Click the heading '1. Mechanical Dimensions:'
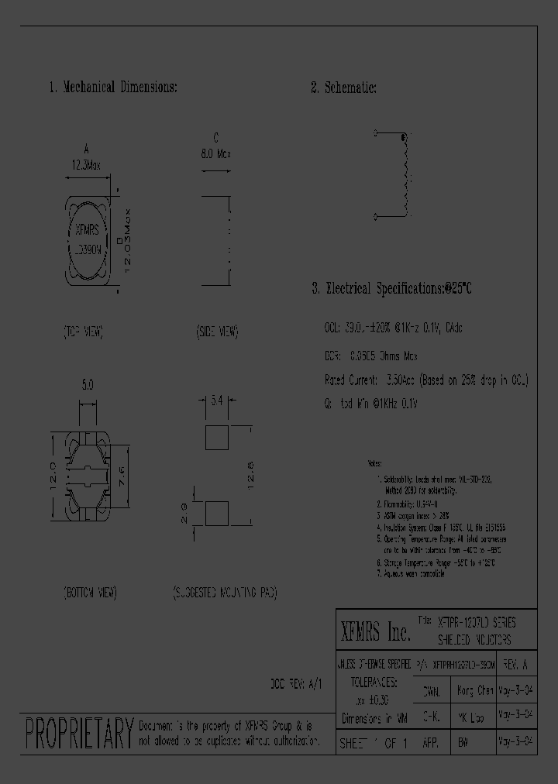coord(113,88)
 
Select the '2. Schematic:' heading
coord(343,88)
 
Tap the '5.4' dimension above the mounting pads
coord(217,400)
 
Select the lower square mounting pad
coord(217,514)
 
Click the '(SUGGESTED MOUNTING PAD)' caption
coord(224,593)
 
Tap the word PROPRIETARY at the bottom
coord(78,732)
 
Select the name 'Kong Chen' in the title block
coord(474,690)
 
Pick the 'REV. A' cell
coord(517,664)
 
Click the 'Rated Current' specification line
coord(425,380)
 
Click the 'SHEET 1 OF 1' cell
coord(374,744)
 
